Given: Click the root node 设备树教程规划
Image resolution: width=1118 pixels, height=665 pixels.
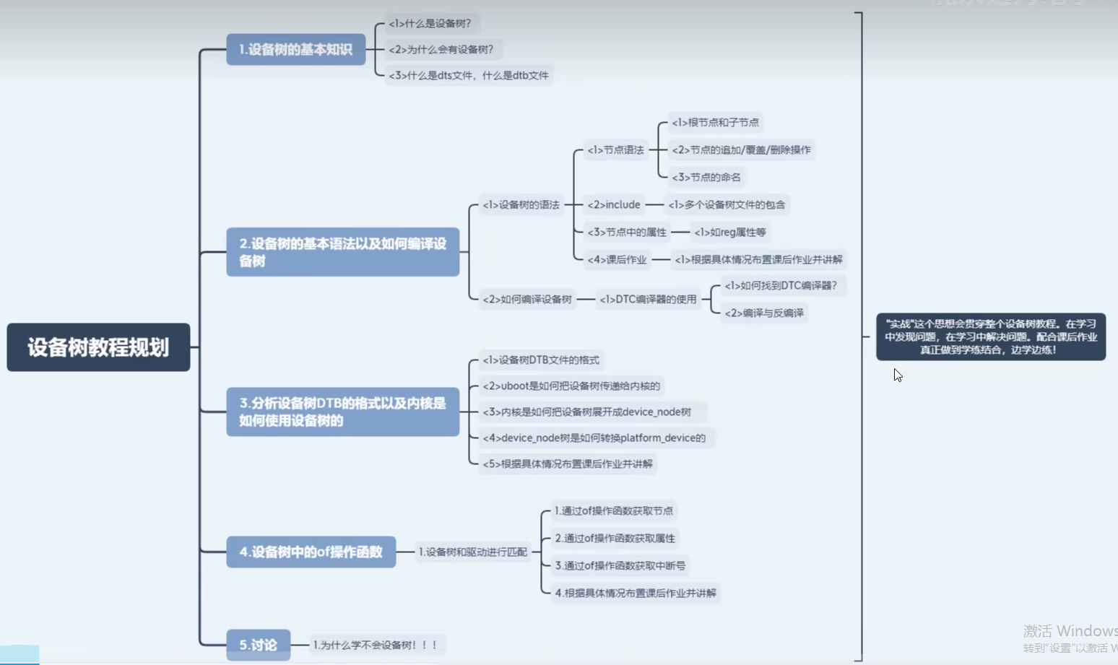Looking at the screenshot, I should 98,347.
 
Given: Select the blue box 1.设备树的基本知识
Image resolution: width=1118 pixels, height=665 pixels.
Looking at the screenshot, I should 295,50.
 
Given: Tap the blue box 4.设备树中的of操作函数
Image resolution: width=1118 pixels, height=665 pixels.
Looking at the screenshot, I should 311,552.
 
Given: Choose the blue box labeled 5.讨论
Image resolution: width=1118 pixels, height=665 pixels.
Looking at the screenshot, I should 258,645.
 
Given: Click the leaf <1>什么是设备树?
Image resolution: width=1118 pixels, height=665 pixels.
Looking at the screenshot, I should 430,24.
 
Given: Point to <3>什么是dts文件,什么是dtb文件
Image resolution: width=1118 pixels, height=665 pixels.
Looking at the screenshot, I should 469,75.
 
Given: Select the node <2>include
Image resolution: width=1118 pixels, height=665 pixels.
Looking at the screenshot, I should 613,205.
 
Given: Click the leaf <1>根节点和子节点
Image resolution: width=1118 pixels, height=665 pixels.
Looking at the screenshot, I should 715,123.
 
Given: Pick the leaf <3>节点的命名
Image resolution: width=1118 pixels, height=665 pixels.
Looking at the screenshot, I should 706,177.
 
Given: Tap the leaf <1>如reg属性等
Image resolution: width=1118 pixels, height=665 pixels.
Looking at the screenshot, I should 729,232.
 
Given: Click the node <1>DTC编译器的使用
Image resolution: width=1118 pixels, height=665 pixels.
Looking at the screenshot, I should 648,299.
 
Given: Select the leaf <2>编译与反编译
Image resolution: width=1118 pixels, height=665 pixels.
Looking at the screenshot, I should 763,313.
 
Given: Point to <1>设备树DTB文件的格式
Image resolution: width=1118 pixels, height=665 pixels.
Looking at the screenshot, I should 540,360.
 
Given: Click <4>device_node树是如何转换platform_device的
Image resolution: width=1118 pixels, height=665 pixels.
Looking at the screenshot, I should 594,438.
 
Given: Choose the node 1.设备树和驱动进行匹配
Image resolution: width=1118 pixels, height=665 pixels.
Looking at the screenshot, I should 472,552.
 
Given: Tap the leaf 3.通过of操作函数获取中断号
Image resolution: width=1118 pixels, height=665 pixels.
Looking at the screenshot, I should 620,565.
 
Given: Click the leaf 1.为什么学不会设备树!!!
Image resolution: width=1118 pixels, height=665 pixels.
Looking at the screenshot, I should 376,645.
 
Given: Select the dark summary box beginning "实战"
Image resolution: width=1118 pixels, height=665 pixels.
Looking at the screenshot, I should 990,336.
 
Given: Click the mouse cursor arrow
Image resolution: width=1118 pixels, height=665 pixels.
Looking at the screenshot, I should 897,374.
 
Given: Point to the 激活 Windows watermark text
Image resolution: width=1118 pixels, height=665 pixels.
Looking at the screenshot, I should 1070,631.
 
